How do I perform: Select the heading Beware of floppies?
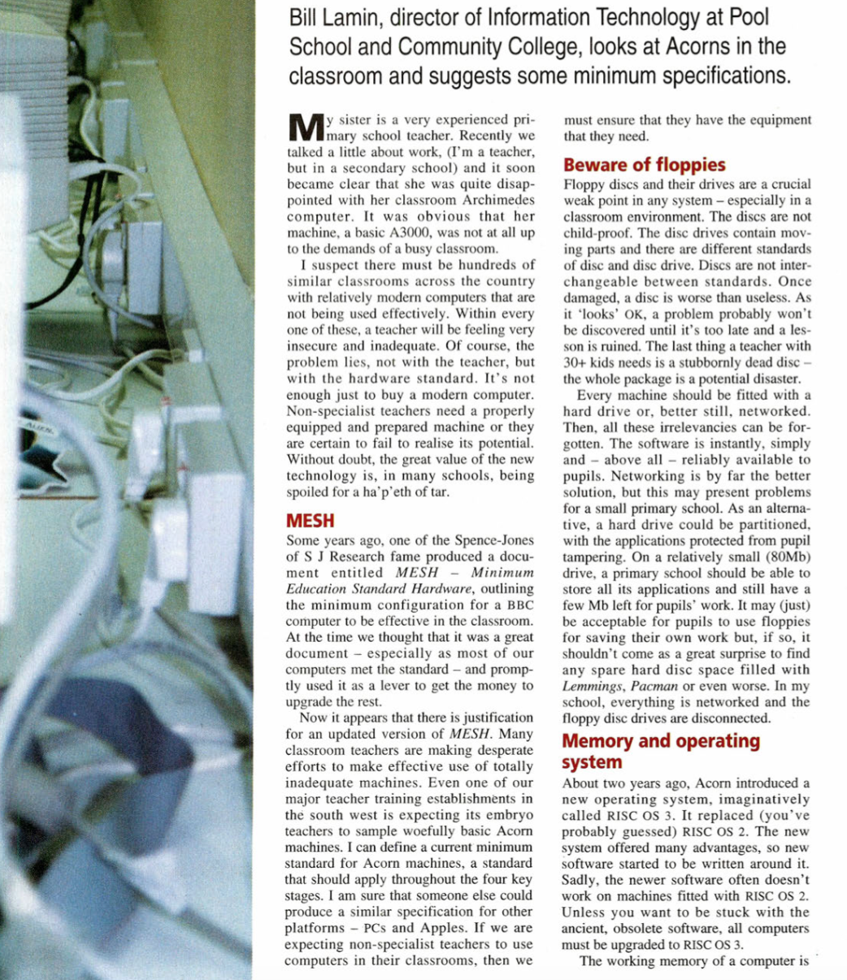click(633, 165)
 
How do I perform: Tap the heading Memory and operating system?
click(661, 751)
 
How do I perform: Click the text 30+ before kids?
click(576, 363)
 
